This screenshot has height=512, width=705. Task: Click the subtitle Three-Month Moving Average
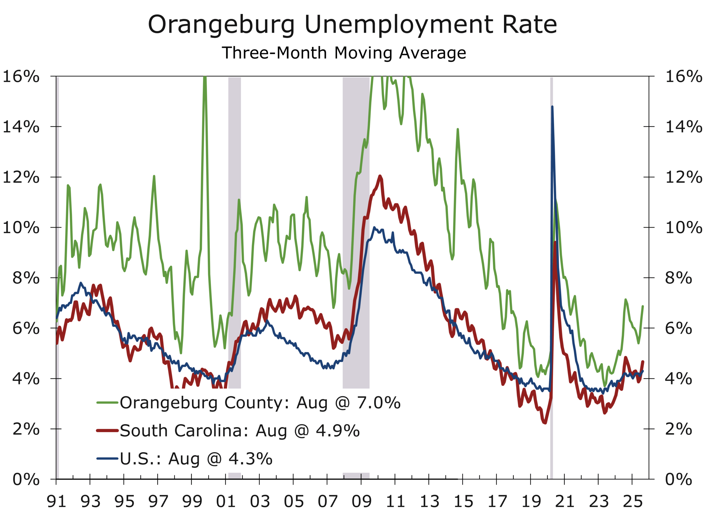click(x=344, y=53)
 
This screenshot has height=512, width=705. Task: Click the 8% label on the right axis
click(x=678, y=278)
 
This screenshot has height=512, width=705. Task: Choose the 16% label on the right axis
click(x=683, y=77)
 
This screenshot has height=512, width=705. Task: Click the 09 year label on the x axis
click(x=362, y=502)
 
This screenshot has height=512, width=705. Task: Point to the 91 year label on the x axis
click(x=56, y=502)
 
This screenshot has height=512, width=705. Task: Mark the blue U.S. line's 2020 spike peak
click(x=552, y=107)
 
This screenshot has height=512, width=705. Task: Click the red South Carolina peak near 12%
click(x=380, y=176)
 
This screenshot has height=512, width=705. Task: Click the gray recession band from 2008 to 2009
click(x=356, y=233)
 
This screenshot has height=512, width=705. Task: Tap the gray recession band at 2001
click(x=235, y=233)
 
